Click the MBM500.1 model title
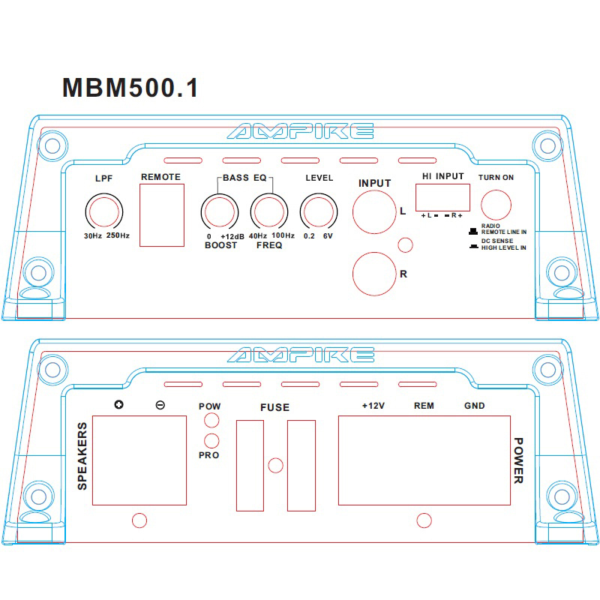pos(130,88)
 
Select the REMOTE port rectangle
pos(162,215)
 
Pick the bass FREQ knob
pos(268,211)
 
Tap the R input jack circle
pos(374,273)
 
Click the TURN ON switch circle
pos(496,204)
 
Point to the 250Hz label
pos(118,236)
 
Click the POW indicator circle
pos(211,422)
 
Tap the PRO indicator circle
pos(211,440)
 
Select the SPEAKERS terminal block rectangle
pos(139,460)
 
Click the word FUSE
pos(274,408)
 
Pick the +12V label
pos(373,406)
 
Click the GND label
pos(474,406)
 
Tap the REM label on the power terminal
pos(424,406)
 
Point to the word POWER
pos(517,460)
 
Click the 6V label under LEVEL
pos(328,236)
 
